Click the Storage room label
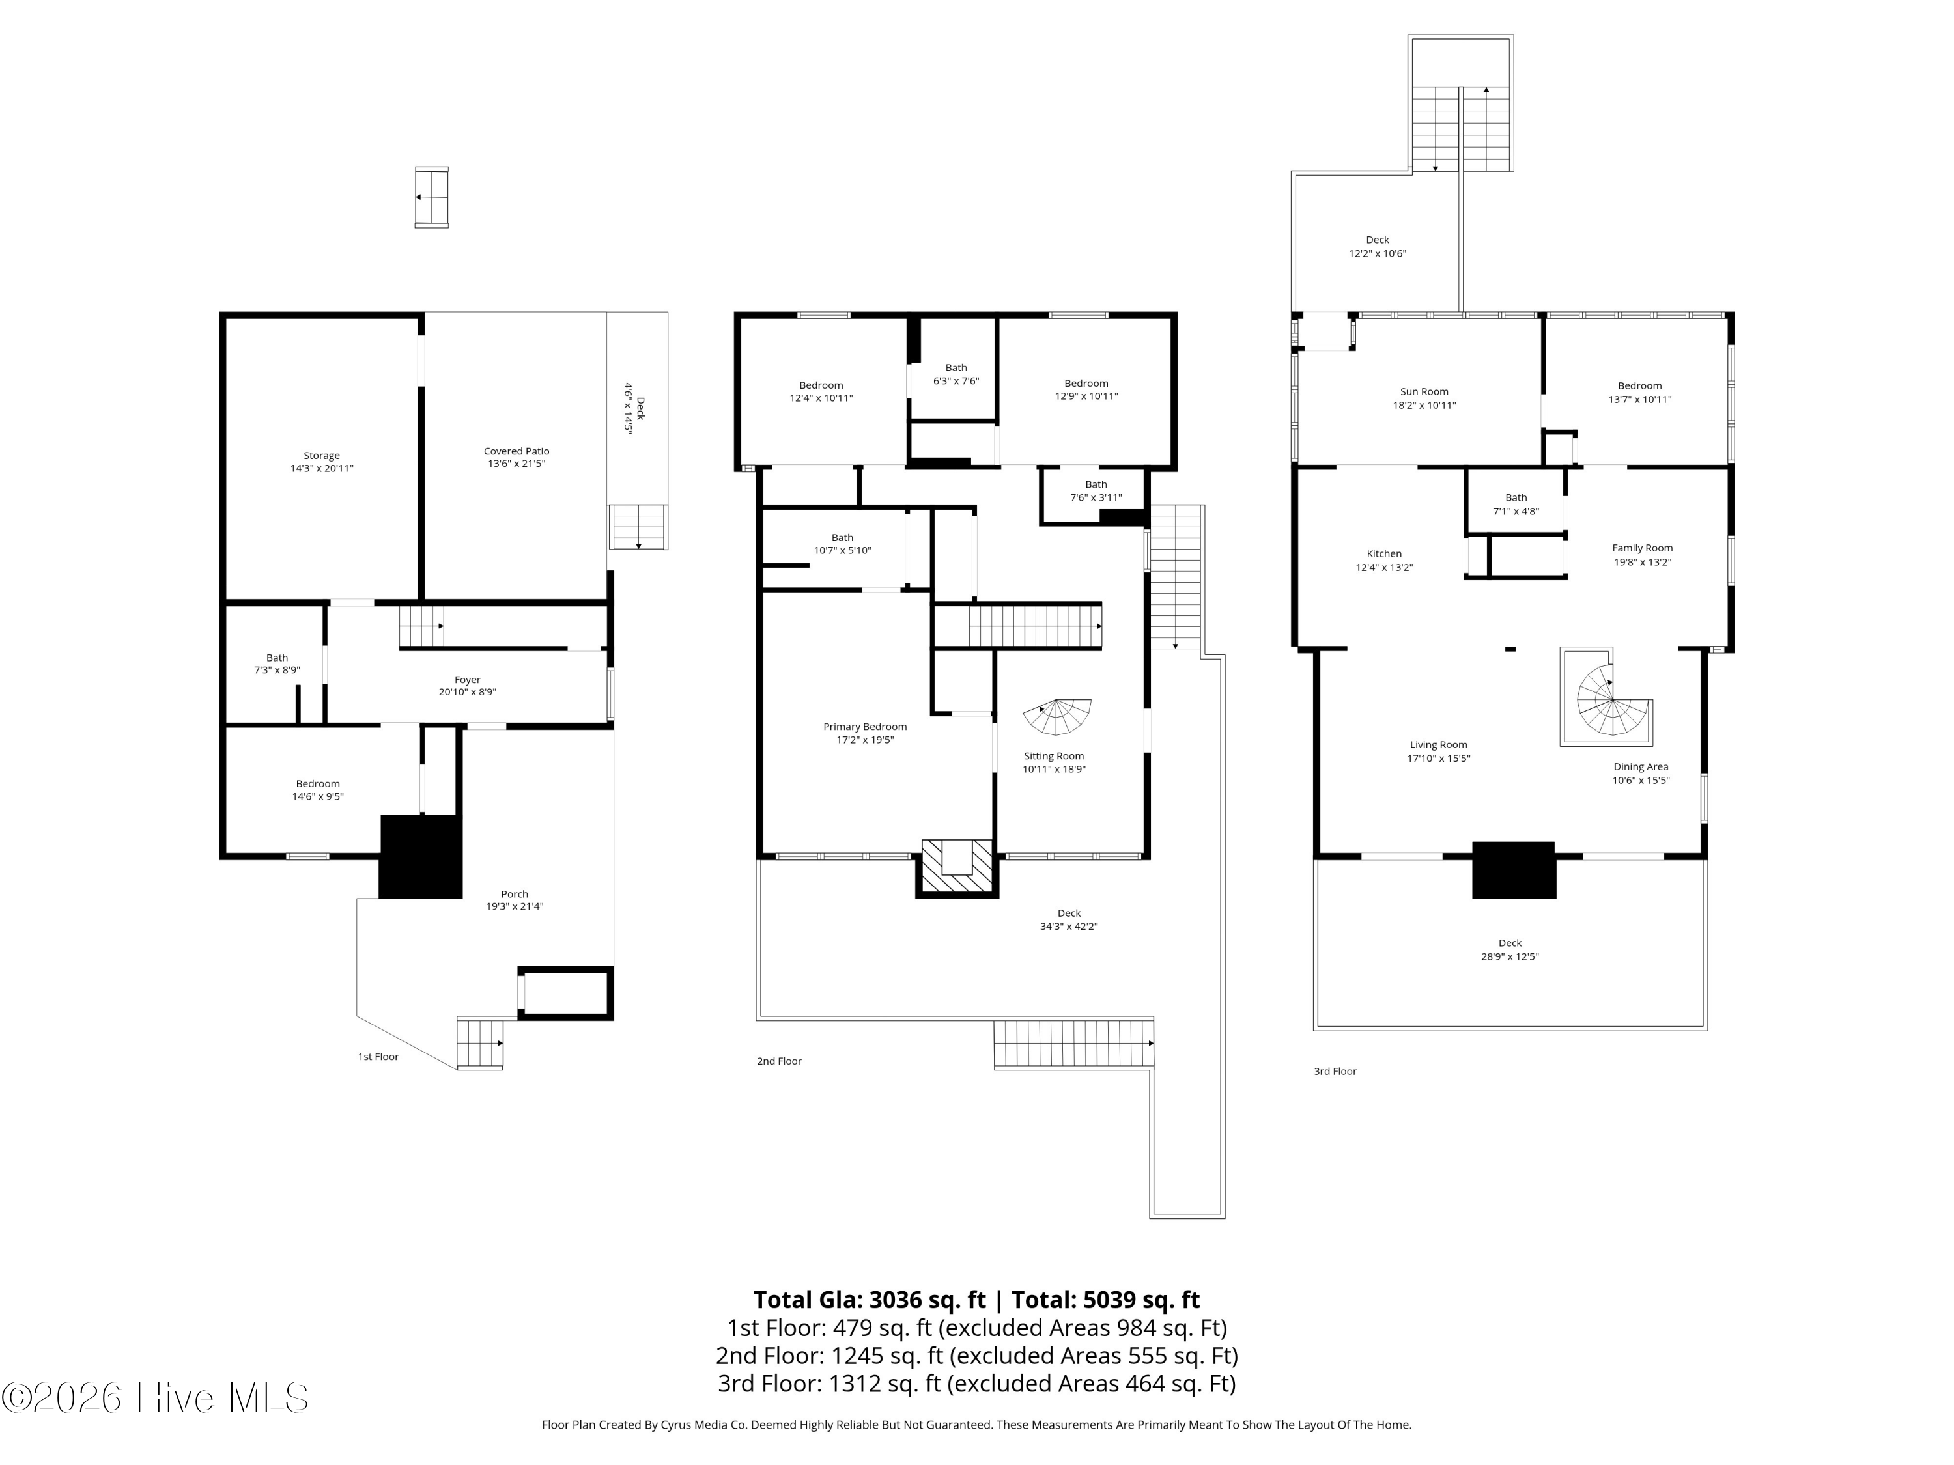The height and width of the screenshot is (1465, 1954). (322, 456)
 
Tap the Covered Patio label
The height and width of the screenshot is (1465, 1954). (517, 451)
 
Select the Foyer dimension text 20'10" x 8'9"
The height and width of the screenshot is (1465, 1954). (467, 692)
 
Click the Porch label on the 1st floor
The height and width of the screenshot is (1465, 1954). (515, 894)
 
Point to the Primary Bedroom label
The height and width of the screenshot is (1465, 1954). (865, 727)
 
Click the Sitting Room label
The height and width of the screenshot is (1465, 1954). (1054, 756)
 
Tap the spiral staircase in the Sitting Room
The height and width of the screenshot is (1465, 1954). (1057, 716)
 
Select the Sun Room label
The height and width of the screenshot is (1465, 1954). (1424, 392)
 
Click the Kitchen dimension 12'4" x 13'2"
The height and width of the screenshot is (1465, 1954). (1384, 568)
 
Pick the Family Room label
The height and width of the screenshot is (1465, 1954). (1642, 548)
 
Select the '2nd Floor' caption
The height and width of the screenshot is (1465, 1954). (779, 1061)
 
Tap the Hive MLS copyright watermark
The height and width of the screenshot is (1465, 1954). (156, 1398)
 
